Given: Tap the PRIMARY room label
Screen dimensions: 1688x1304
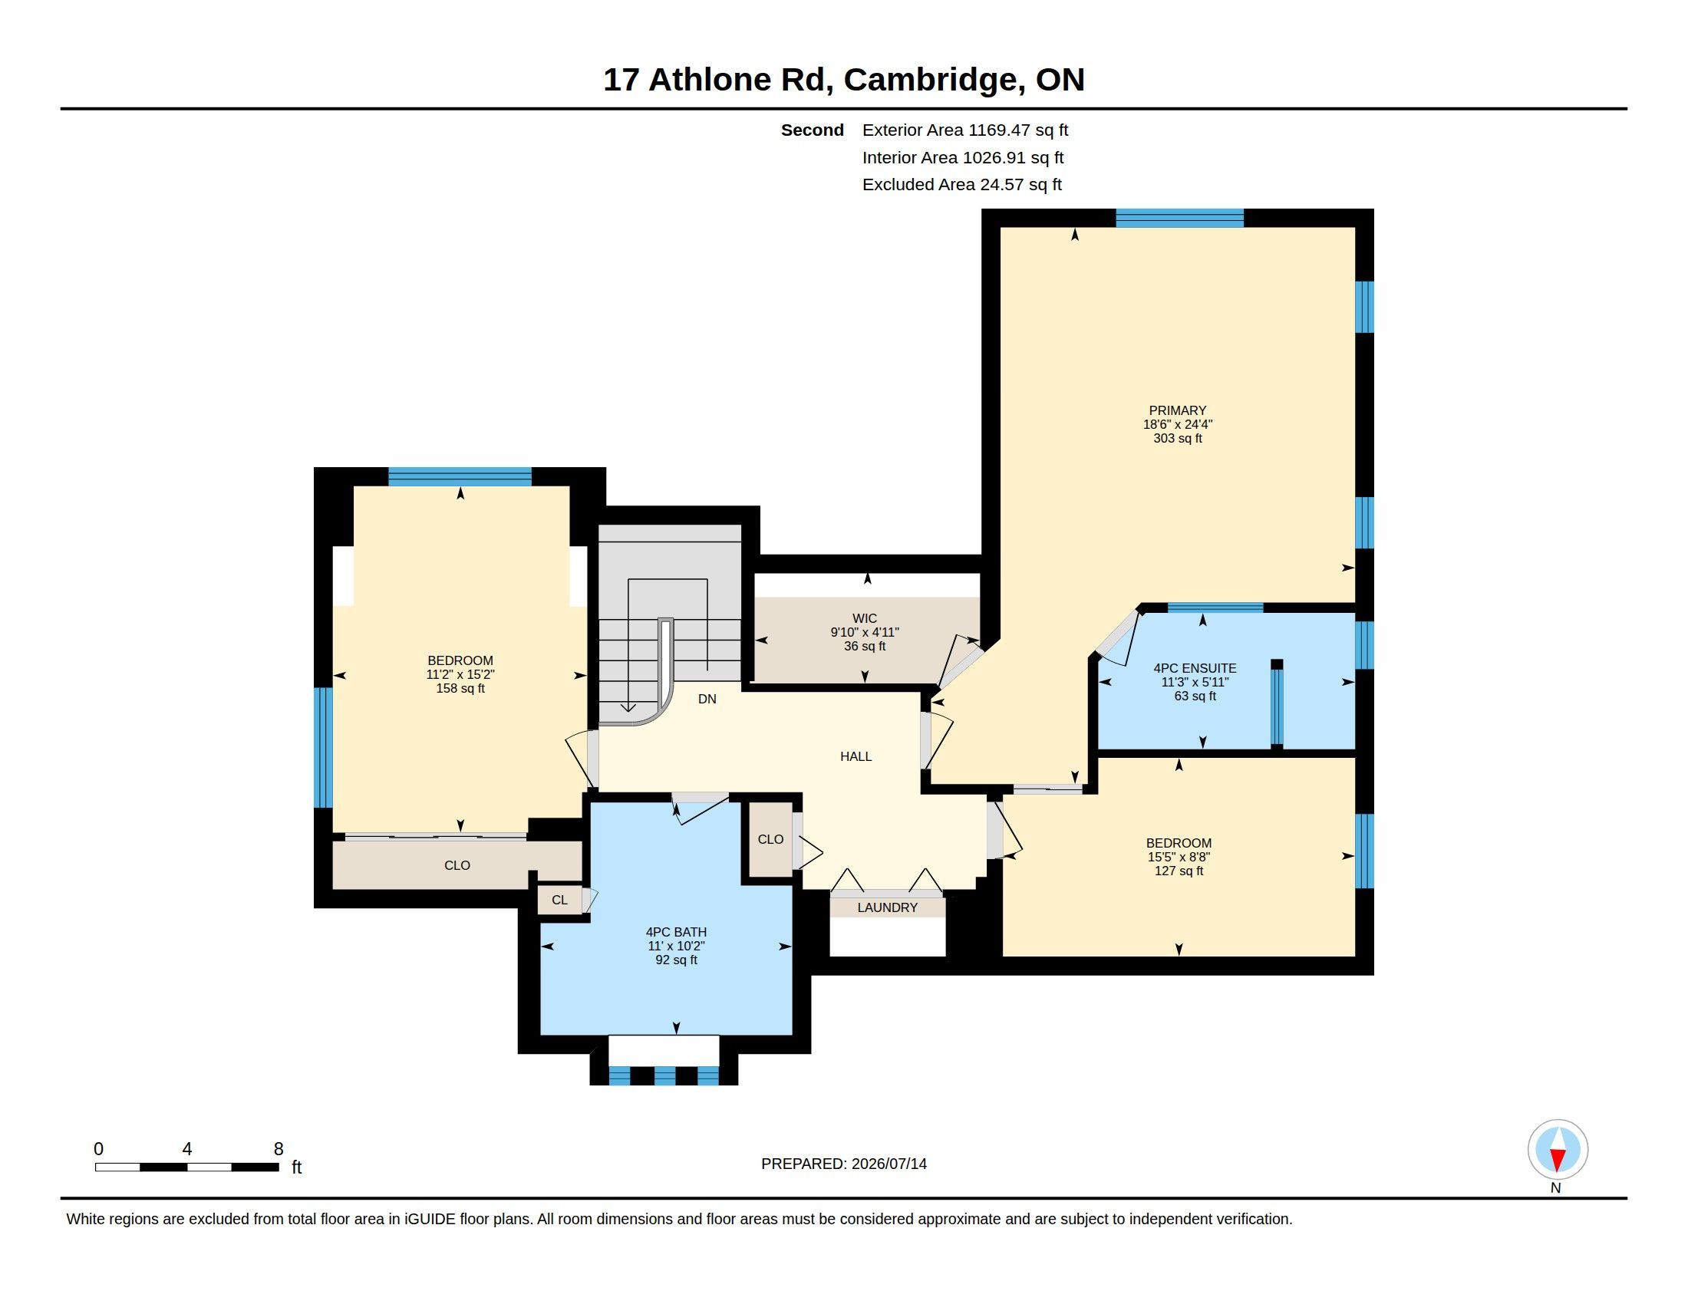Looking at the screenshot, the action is pyautogui.click(x=1177, y=411).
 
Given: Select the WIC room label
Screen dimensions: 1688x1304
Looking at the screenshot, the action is pyautogui.click(x=864, y=619).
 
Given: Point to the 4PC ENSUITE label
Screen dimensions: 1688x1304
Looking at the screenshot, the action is pyautogui.click(x=1195, y=668).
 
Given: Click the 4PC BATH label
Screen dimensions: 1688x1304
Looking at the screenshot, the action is pyautogui.click(x=676, y=933).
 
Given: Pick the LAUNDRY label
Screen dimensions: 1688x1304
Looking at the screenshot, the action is pyautogui.click(x=887, y=907).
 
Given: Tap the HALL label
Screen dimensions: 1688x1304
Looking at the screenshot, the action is pyautogui.click(x=856, y=756).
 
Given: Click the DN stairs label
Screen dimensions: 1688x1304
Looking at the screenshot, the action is pyautogui.click(x=707, y=699).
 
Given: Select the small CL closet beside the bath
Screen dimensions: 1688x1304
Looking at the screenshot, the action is pyautogui.click(x=560, y=900).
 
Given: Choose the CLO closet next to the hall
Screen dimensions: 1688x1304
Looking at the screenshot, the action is pyautogui.click(x=770, y=840).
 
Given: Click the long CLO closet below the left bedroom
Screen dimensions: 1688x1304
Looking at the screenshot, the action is pyautogui.click(x=457, y=865).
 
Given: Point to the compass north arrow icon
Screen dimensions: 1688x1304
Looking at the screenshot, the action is pyautogui.click(x=1558, y=1150).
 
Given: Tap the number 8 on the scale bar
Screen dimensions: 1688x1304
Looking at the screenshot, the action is pyautogui.click(x=279, y=1149).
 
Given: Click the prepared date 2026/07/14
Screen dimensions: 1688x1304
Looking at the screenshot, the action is pyautogui.click(x=889, y=1164).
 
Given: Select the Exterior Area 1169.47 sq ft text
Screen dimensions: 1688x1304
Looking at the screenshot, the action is pyautogui.click(x=965, y=130).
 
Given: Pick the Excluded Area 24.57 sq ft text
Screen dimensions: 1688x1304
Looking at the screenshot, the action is pyautogui.click(x=962, y=185).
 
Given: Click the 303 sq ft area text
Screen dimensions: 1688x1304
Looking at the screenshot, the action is pyautogui.click(x=1177, y=439).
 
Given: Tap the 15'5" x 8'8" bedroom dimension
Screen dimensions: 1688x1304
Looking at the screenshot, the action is pyautogui.click(x=1179, y=858).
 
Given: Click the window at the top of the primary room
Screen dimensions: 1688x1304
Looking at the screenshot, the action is pyautogui.click(x=1179, y=218).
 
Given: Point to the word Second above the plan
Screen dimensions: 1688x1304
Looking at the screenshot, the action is pyautogui.click(x=812, y=130).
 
